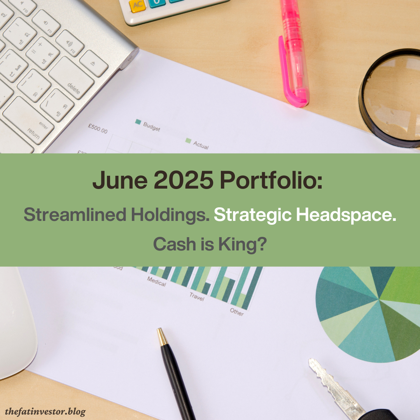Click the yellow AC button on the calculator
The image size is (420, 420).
pyautogui.click(x=137, y=6)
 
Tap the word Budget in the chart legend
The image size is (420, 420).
pyautogui.click(x=151, y=126)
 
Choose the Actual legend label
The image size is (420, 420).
pyautogui.click(x=201, y=145)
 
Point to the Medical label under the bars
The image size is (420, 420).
pyautogui.click(x=156, y=282)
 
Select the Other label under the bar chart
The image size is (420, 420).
pyautogui.click(x=236, y=312)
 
